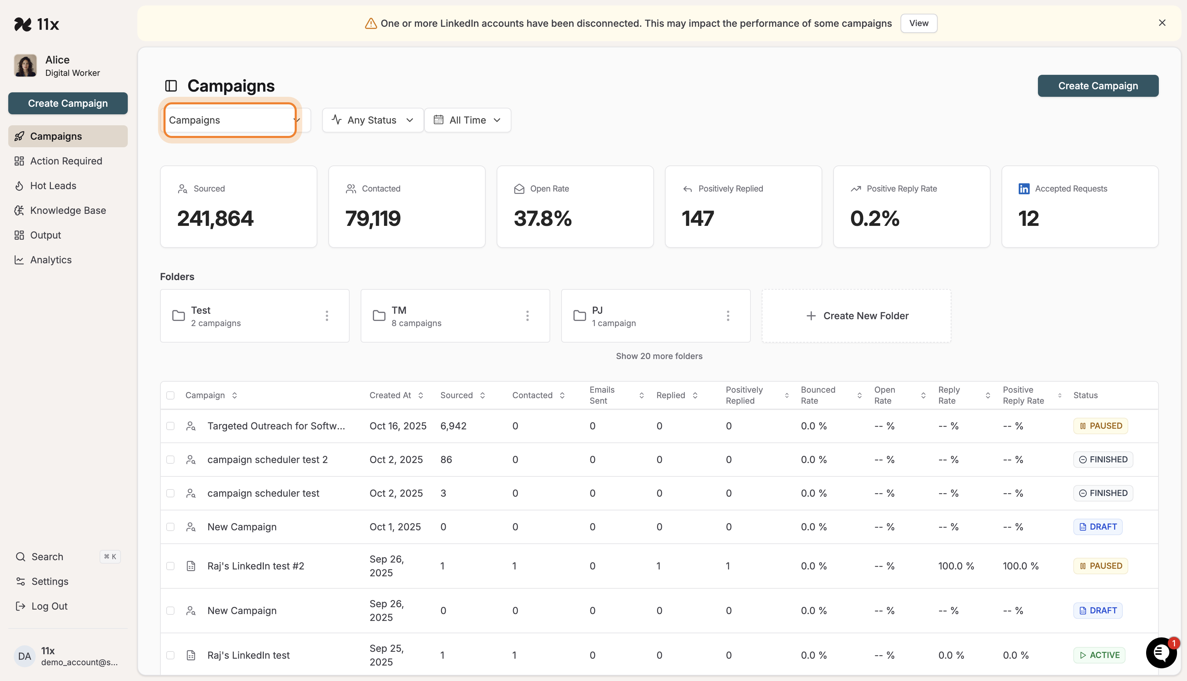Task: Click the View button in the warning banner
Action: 918,23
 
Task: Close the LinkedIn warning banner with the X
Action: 1162,23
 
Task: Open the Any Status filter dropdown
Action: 372,120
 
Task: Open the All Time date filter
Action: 467,120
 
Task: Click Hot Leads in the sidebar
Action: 53,186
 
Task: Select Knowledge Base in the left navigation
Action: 68,210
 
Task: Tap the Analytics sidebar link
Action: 50,260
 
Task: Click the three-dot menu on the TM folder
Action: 527,316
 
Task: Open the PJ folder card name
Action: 597,310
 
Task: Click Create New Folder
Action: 856,316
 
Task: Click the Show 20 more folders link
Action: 659,356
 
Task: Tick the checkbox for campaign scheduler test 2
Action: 170,460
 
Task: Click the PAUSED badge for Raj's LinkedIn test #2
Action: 1100,566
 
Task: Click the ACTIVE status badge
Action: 1099,655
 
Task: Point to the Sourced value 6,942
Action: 453,426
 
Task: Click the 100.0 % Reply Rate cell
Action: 956,566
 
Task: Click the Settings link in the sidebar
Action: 49,581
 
